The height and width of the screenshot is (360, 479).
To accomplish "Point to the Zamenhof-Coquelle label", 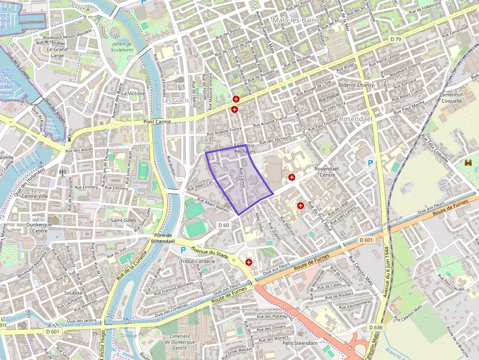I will [x=451, y=98].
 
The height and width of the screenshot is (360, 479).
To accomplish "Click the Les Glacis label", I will [x=175, y=100].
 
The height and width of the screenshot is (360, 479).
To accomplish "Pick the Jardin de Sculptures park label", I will [x=122, y=46].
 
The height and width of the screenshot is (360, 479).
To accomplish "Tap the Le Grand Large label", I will [x=57, y=52].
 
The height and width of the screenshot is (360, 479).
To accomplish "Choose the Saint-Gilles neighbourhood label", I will [x=123, y=220].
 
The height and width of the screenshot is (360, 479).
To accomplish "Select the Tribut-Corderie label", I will [x=197, y=261].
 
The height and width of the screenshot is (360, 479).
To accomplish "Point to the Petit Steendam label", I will [x=300, y=343].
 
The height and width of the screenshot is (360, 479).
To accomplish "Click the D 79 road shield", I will [x=395, y=39].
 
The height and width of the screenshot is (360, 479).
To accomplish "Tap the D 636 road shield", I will [x=375, y=327].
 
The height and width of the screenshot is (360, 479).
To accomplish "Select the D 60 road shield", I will [x=223, y=225].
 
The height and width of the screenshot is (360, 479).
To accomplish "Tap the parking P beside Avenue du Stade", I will [x=183, y=250].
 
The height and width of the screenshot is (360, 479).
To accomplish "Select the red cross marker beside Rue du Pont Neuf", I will [x=300, y=206].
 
